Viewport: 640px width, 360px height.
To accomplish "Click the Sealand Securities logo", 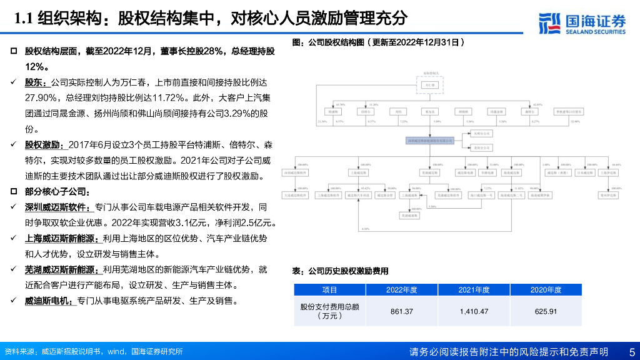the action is pos(581,23).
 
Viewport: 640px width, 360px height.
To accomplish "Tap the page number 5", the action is pos(631,352).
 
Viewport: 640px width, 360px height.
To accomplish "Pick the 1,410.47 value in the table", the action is pos(474,311).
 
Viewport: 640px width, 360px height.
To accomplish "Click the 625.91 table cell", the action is pos(545,311).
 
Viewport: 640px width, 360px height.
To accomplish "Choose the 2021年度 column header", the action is pos(474,290).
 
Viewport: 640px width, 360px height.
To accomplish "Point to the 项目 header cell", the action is pos(329,290).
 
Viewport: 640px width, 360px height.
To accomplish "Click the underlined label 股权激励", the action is pos(41,144).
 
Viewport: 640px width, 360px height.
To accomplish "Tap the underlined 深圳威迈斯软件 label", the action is pos(57,207).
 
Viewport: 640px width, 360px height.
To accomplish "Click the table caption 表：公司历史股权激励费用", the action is pos(341,271).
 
